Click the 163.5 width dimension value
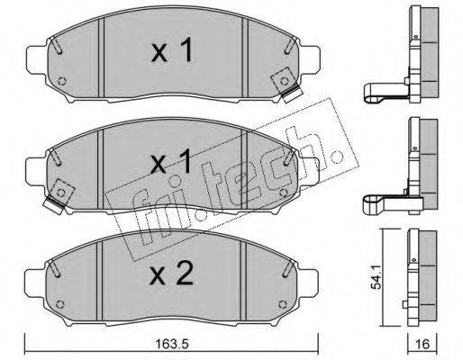tap(172, 344)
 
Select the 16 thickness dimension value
tap(423, 344)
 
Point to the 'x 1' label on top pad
tap(171, 50)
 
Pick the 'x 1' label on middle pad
tap(170, 162)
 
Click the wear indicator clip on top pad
tap(286, 85)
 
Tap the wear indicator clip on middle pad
tap(59, 196)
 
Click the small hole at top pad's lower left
tap(62, 81)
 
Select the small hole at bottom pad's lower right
tap(283, 304)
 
